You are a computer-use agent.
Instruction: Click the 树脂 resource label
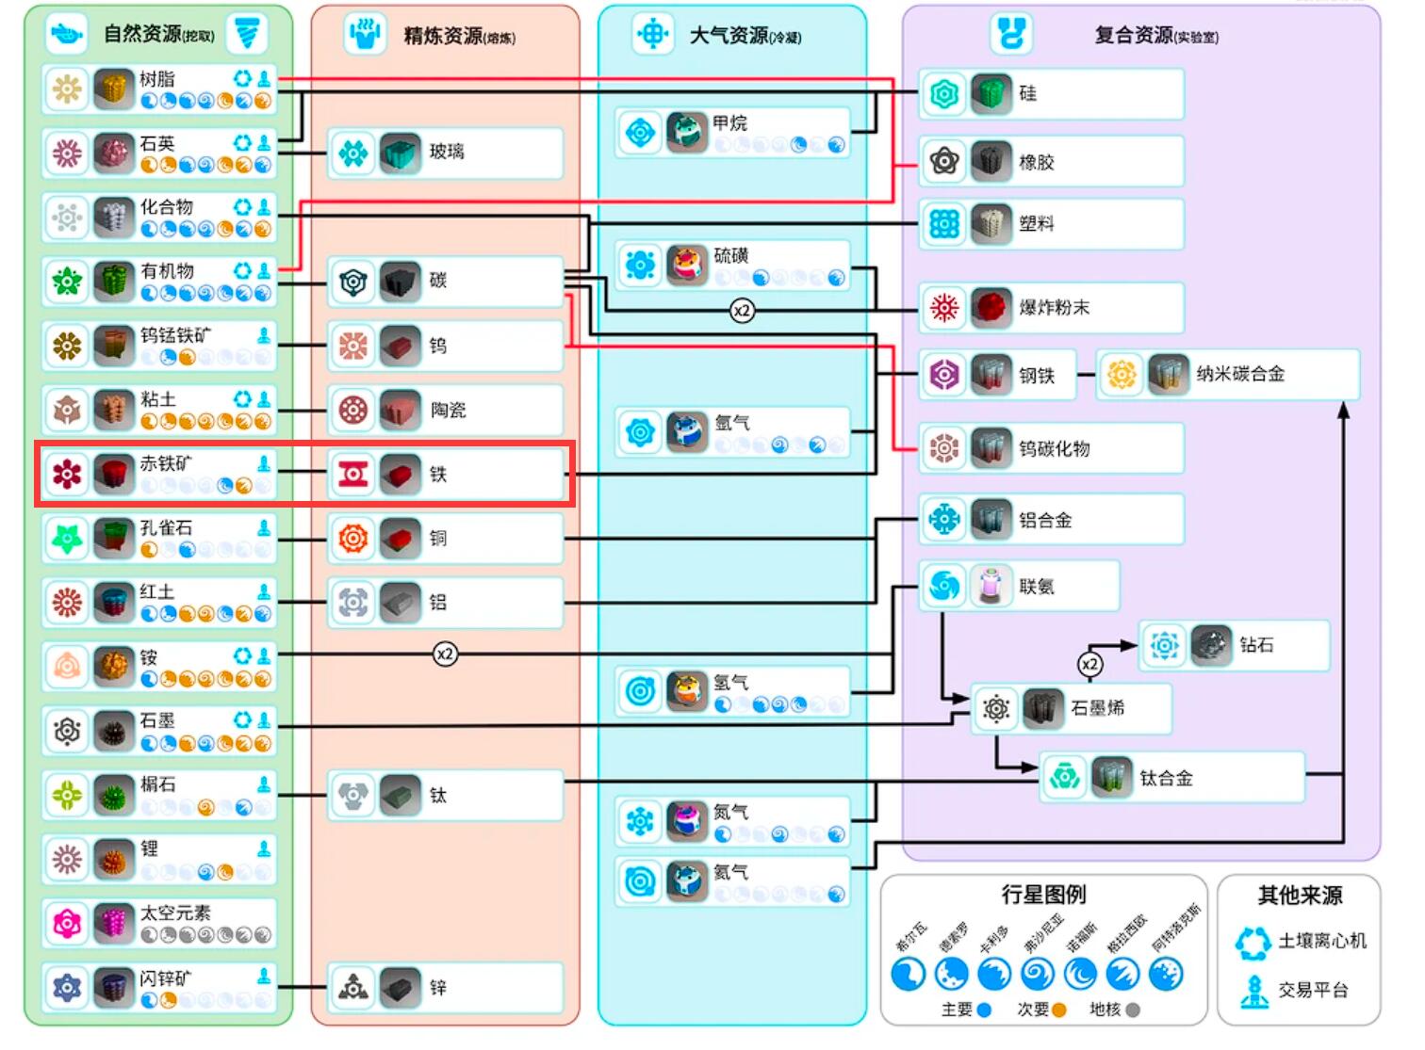[x=157, y=79]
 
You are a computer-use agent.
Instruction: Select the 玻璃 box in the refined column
[x=446, y=153]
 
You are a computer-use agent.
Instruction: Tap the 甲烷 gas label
[x=729, y=123]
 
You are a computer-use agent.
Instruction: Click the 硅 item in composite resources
[x=1027, y=93]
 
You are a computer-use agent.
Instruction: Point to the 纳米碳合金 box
[x=1239, y=374]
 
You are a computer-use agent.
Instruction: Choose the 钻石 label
[x=1256, y=645]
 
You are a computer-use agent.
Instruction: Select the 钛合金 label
[x=1166, y=778]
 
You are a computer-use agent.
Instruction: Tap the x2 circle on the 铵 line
[x=445, y=654]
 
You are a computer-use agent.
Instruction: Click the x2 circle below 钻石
[x=1089, y=664]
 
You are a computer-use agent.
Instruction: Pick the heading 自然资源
[x=142, y=35]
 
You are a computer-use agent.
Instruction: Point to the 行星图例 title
[x=1043, y=894]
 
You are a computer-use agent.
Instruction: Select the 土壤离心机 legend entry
[x=1321, y=941]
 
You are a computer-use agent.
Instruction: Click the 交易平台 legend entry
[x=1313, y=990]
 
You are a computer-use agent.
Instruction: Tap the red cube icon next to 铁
[x=401, y=475]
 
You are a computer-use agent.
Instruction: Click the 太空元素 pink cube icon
[x=114, y=924]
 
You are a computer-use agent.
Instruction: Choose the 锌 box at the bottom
[x=446, y=988]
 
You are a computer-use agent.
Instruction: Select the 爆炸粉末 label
[x=1054, y=308]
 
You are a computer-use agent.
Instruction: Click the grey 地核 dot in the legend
[x=1133, y=1010]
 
